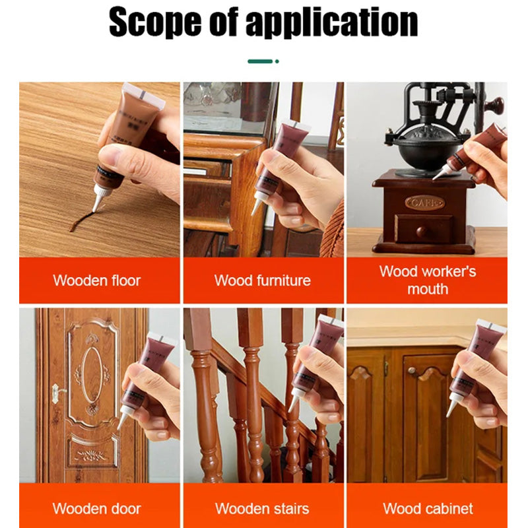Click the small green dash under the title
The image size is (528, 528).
tap(260, 61)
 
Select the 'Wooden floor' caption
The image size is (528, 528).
tap(97, 280)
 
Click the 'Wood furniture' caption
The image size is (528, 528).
tap(262, 280)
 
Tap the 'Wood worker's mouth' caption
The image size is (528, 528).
tap(427, 280)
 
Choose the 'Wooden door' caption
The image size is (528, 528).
tap(97, 509)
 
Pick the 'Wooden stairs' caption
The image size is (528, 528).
tap(262, 509)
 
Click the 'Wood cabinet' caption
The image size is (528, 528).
tap(427, 509)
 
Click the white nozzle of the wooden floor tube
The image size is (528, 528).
tap(98, 197)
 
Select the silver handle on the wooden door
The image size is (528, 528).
tap(55, 393)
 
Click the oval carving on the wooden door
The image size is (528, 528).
tap(92, 376)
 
